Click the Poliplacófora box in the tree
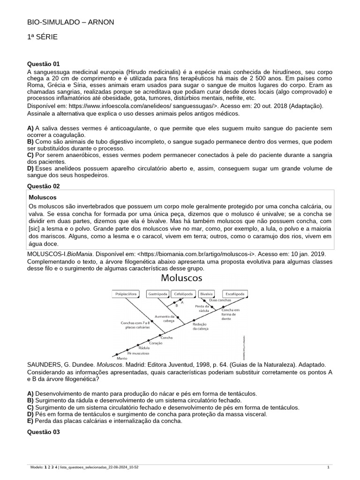coord(126,294)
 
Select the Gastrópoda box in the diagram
coord(157,294)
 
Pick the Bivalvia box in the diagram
coord(206,294)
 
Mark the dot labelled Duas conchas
coord(206,300)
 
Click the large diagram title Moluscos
coord(182,278)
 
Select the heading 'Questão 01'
coord(44,64)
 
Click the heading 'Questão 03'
coord(44,432)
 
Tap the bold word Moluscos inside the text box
coord(43,198)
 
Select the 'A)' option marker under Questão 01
coord(30,128)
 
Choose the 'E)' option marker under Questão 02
coord(30,421)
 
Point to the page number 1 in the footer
coord(328,468)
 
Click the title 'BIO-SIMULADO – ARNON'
coord(70,22)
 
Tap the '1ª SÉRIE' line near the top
coord(43,37)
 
